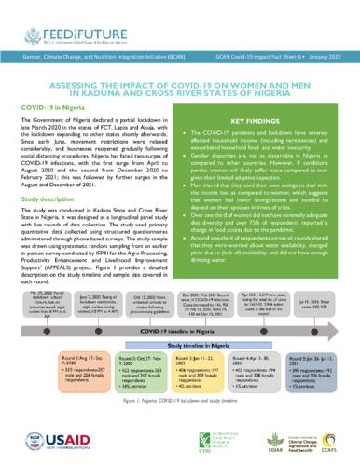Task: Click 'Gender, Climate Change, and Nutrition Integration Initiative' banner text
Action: point(90,58)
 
